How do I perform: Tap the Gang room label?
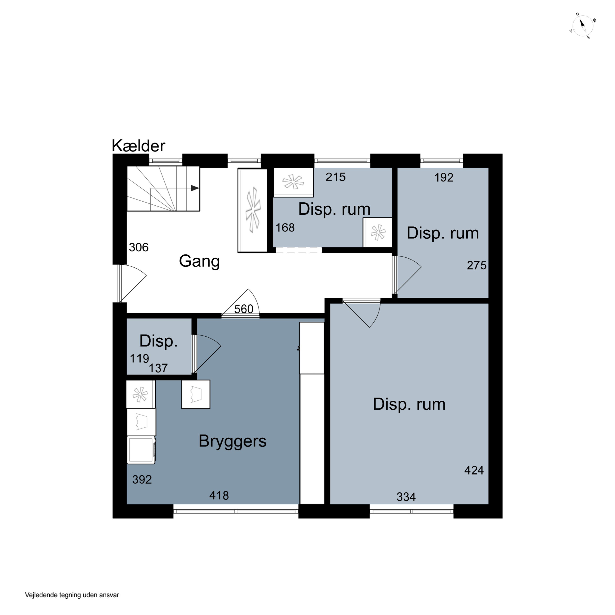(199, 261)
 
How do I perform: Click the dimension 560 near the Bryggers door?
(244, 309)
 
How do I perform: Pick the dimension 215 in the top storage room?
(336, 177)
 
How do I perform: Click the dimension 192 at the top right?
(444, 178)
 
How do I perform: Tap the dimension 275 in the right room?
(477, 265)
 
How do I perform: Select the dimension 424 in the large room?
(474, 470)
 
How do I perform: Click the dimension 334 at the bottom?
(406, 497)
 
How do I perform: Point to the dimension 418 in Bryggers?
(219, 496)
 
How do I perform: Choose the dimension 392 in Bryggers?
(142, 480)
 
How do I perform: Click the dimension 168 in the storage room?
(285, 228)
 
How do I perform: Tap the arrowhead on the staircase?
(195, 188)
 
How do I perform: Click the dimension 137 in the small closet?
(158, 368)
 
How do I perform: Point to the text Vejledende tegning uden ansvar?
(72, 595)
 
